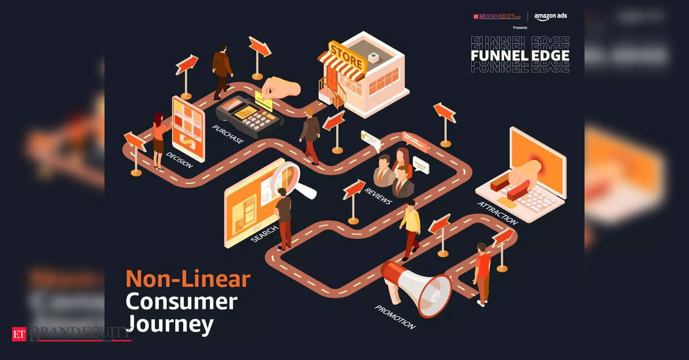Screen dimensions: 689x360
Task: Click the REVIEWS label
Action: point(378,195)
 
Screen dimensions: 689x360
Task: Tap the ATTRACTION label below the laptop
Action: point(498,213)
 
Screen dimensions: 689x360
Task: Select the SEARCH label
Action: point(264,232)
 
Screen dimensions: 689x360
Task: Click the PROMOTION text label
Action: point(395,317)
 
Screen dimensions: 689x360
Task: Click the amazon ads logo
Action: point(550,16)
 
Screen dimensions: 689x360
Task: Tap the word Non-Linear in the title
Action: point(188,279)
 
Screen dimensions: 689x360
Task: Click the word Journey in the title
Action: point(169,324)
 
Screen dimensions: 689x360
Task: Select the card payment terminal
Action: point(248,115)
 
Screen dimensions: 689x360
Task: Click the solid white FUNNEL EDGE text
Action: point(520,55)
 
